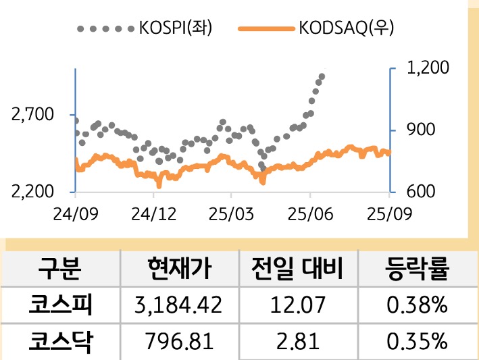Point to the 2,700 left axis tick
32,115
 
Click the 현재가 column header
179,269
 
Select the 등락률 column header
417,269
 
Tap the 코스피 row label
60,305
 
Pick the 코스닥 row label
60,342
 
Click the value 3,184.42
179,306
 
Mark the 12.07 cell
298,306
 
